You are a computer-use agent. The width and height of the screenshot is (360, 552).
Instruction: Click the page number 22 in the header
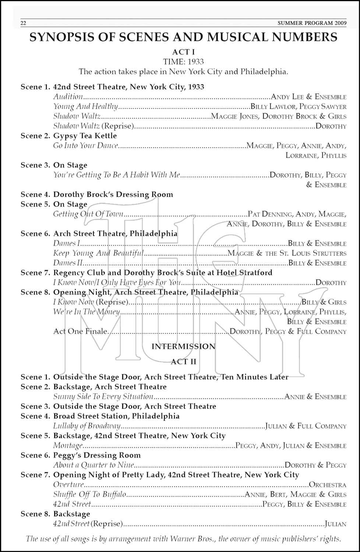tap(23, 23)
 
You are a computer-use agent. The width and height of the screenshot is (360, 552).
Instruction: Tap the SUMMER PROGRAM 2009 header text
tap(312, 23)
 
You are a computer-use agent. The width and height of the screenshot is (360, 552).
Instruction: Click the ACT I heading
tap(184, 52)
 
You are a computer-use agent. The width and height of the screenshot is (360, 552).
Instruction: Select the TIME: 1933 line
tap(184, 62)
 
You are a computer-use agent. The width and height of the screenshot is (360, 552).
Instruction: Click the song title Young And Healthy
tap(85, 107)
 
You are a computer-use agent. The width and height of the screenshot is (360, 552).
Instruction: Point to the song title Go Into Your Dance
tap(85, 146)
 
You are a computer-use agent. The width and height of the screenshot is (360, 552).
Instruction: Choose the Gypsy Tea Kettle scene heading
tap(85, 136)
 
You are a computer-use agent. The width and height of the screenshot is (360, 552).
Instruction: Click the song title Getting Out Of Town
tap(88, 214)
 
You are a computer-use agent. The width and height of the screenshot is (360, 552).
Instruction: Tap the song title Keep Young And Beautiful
tap(98, 253)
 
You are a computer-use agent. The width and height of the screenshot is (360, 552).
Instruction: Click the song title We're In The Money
tap(87, 312)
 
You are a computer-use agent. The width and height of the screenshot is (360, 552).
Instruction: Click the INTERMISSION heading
tap(183, 347)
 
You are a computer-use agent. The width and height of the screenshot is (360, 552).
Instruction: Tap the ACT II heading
tap(184, 362)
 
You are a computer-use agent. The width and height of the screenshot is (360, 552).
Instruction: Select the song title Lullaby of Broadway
tap(87, 426)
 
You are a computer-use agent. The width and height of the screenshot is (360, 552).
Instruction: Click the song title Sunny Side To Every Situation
tap(103, 397)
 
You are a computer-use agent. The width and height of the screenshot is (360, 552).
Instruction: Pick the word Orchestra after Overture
tap(328, 485)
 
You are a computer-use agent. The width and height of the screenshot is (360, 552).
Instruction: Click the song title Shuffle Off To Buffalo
tap(89, 495)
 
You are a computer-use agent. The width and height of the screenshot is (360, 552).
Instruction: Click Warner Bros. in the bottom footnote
tap(197, 539)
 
